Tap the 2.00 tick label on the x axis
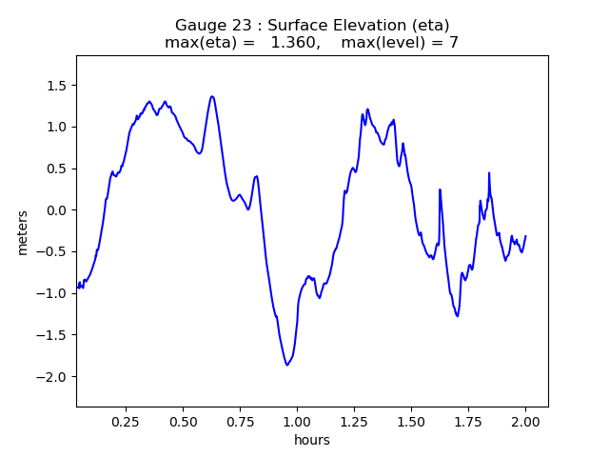coord(525,421)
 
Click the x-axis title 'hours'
coord(312,440)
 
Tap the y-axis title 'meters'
coord(22,232)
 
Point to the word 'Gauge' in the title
coord(197,26)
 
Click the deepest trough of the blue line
coord(286,365)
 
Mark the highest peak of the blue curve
coord(212,96)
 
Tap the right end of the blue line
coord(525,236)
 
